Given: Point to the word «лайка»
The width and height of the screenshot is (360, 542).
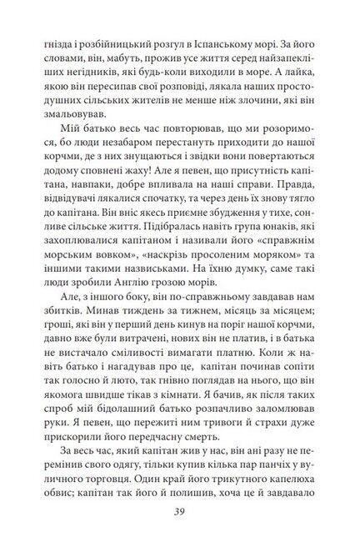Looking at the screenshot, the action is (x=312, y=72).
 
